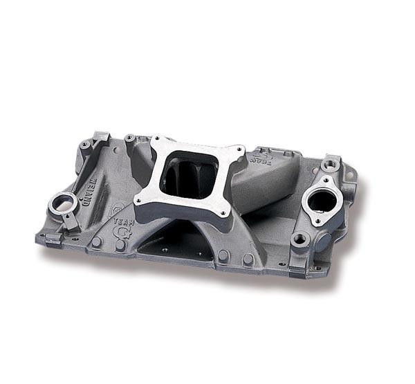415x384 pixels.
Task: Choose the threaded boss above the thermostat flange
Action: pos(330,165)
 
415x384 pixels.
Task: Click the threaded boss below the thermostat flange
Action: pos(299,239)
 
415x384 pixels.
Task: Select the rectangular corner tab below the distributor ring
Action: pos(52,239)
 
